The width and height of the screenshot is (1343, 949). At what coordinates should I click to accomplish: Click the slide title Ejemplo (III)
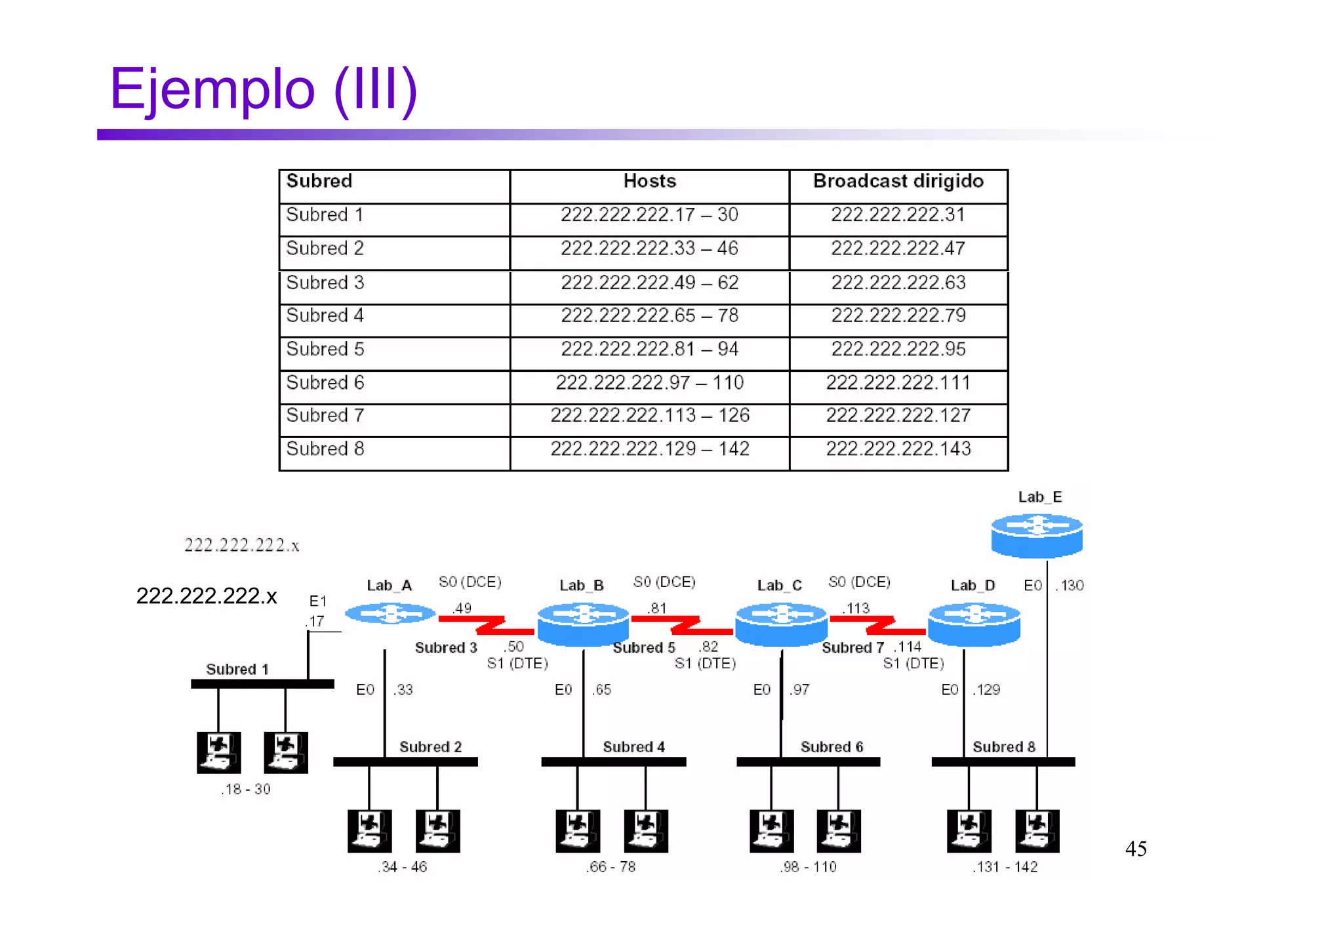click(x=264, y=90)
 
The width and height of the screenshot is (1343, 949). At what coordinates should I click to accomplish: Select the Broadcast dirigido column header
click(x=898, y=182)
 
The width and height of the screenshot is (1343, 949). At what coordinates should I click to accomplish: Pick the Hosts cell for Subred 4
click(x=649, y=316)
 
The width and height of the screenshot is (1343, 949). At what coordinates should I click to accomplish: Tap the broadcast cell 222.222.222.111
click(x=898, y=383)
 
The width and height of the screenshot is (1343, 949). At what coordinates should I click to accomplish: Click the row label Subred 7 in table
click(x=325, y=416)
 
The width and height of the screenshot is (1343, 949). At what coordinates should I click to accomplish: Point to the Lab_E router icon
click(x=1036, y=535)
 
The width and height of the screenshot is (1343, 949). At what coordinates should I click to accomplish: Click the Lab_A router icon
click(x=390, y=614)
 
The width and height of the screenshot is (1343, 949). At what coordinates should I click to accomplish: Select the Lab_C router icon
click(x=780, y=623)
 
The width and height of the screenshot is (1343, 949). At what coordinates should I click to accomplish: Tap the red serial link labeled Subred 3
click(x=487, y=624)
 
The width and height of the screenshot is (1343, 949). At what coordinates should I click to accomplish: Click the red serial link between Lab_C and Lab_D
click(x=879, y=624)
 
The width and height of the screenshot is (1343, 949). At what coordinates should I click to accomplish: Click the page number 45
click(x=1135, y=849)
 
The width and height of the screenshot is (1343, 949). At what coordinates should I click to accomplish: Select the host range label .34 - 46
click(x=402, y=867)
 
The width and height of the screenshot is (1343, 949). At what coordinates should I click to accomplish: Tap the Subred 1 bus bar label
click(x=237, y=670)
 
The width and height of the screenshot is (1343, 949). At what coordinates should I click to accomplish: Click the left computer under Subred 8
click(x=969, y=831)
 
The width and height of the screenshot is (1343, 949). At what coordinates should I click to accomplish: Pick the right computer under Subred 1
click(x=285, y=753)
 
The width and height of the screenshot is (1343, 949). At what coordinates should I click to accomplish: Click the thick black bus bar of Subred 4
click(x=613, y=762)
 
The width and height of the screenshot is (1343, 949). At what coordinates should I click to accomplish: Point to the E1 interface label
click(x=317, y=601)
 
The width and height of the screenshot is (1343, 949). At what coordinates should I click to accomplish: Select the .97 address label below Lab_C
click(x=799, y=690)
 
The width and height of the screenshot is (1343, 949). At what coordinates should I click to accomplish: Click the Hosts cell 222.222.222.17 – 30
click(x=649, y=215)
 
